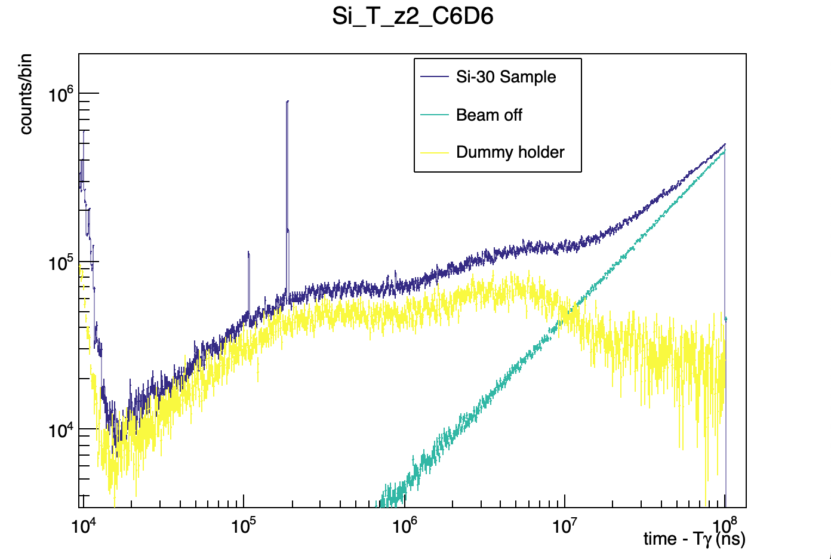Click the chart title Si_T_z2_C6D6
tap(413, 16)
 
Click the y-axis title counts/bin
tap(26, 94)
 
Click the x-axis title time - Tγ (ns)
tap(694, 539)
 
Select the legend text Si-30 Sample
tap(506, 77)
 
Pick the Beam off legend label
tap(489, 115)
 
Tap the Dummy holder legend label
tap(510, 152)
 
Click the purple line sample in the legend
tap(434, 77)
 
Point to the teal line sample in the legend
tap(434, 115)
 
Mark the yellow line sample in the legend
tap(434, 152)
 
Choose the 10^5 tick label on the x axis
tap(244, 525)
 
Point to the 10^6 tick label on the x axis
tap(404, 525)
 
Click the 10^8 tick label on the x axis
tap(725, 525)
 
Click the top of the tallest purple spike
tap(287, 102)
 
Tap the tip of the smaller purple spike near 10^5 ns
tap(248, 253)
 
